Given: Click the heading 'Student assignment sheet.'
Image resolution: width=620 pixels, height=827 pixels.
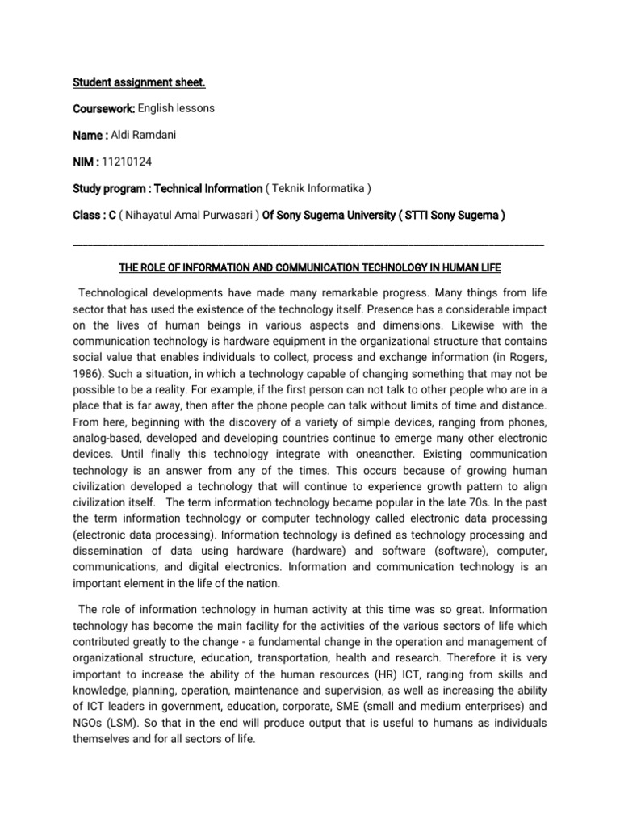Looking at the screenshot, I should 124,82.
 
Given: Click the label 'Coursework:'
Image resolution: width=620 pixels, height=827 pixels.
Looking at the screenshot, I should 104,108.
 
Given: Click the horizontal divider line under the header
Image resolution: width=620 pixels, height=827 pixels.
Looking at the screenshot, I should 308,243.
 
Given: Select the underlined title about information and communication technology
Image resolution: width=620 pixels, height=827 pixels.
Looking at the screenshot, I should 309,267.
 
